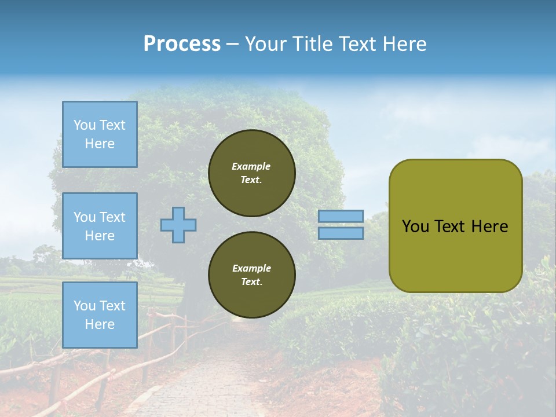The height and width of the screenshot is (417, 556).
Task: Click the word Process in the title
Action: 182,44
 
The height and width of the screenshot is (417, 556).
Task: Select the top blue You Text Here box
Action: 100,134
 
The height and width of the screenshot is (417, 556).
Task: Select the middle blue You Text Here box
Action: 100,226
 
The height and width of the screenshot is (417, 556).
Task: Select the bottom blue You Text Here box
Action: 100,314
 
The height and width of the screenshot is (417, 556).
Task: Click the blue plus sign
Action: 178,225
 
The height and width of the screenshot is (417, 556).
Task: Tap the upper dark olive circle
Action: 251,173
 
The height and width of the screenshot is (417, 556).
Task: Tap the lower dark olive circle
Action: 251,275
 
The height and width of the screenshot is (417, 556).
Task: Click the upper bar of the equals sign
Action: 341,217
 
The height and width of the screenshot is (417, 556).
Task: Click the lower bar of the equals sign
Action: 341,233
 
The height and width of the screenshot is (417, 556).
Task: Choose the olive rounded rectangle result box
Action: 455,226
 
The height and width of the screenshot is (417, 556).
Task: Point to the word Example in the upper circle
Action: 251,166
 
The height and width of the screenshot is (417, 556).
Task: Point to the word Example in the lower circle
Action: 251,268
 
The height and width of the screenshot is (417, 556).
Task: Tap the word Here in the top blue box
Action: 100,144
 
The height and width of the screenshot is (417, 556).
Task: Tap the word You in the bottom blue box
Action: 85,306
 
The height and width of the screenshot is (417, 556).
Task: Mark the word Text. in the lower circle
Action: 251,282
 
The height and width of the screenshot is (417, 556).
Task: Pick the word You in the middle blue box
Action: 85,217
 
